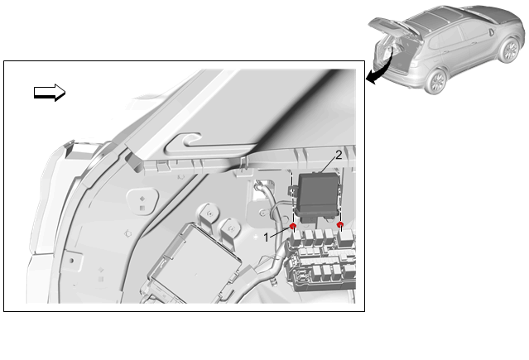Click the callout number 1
(267, 238)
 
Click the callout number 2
(339, 155)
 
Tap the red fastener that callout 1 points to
(293, 225)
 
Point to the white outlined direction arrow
(50, 92)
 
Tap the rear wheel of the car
(436, 81)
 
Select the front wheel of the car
(509, 50)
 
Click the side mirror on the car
(491, 33)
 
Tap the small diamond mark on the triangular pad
(142, 199)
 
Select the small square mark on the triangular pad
(142, 209)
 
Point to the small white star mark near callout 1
(256, 238)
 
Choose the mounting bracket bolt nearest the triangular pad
(210, 214)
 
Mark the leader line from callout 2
(328, 166)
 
